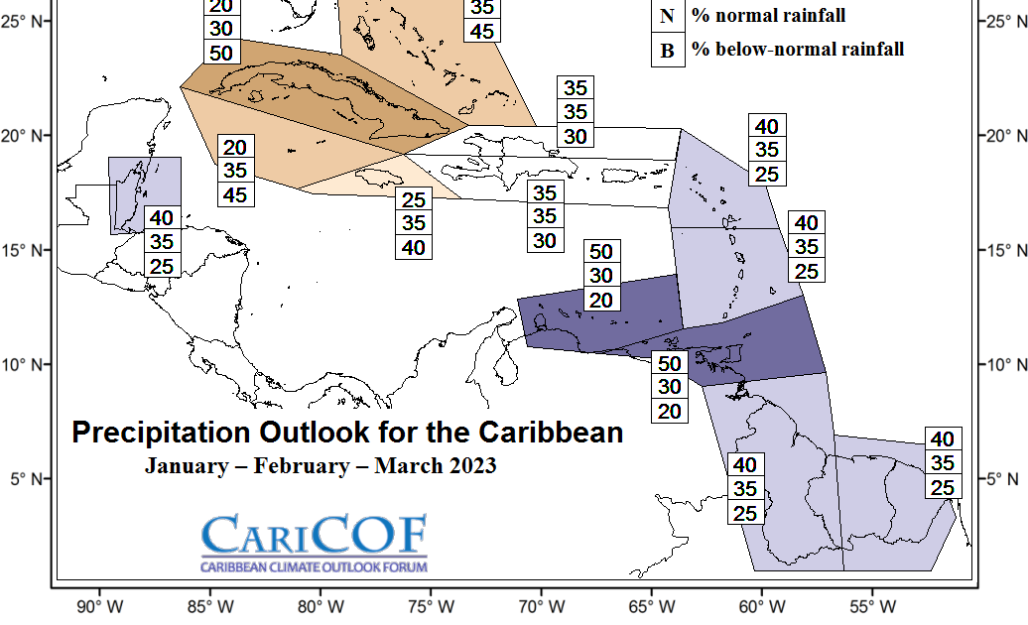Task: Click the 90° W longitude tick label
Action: click(99, 607)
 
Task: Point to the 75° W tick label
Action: click(431, 607)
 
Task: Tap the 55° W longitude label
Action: click(872, 607)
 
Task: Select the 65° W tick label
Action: click(652, 607)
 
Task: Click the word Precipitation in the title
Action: click(161, 434)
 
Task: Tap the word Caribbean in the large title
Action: click(550, 433)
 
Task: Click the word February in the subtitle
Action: click(303, 466)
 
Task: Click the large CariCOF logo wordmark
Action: click(314, 534)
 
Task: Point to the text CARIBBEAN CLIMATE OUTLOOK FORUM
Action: click(314, 567)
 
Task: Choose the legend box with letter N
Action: click(668, 17)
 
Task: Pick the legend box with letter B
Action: click(668, 50)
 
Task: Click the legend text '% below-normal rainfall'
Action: click(798, 50)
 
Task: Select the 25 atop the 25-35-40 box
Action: click(414, 199)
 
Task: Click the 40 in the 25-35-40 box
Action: click(414, 248)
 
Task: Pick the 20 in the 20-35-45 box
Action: click(235, 148)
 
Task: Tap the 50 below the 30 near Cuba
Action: click(221, 53)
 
